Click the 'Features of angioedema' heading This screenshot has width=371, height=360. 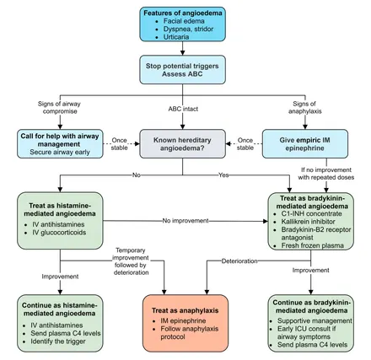[183, 13]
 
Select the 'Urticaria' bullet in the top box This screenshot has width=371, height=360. [176, 37]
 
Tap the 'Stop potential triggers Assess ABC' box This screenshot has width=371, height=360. [183, 70]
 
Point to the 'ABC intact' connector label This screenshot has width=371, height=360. [183, 109]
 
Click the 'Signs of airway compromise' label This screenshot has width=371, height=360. [59, 107]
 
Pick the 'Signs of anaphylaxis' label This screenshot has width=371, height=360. [305, 107]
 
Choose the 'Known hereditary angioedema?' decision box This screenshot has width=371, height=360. [183, 143]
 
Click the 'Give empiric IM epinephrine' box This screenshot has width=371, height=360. [305, 143]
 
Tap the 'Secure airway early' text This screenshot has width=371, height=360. [60, 152]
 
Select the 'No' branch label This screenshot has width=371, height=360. [137, 175]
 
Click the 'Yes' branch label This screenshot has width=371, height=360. [223, 175]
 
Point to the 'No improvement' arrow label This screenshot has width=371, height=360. [185, 221]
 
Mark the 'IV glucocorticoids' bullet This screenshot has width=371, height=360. [59, 233]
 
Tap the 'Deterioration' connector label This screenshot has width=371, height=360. [239, 261]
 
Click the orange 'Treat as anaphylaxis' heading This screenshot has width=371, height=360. [185, 310]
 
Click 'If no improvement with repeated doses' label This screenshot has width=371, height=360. [326, 174]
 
